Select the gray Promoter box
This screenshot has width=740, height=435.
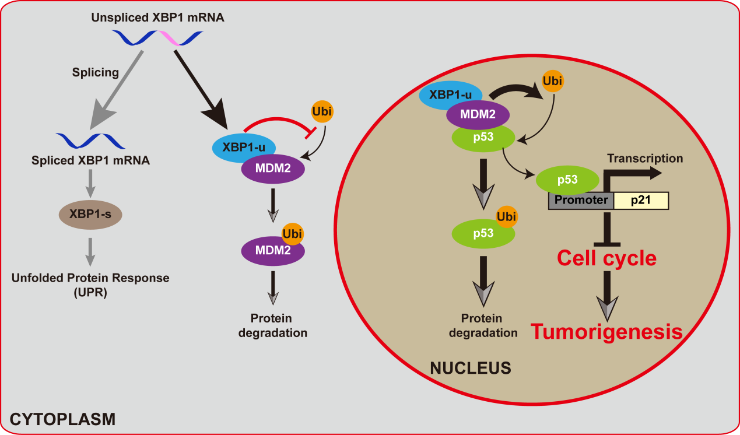581,201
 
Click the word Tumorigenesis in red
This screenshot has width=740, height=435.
606,332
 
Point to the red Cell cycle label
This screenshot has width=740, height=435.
606,258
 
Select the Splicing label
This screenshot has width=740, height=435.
95,73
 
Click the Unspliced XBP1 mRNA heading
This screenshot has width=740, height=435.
157,18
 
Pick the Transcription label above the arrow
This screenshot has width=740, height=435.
644,158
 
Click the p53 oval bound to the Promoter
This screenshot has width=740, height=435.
567,180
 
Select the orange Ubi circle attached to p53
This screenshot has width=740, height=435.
506,218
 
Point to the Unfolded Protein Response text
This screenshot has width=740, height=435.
90,278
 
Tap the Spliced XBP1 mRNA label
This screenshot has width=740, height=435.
90,160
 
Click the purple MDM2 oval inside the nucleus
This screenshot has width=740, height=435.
478,114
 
